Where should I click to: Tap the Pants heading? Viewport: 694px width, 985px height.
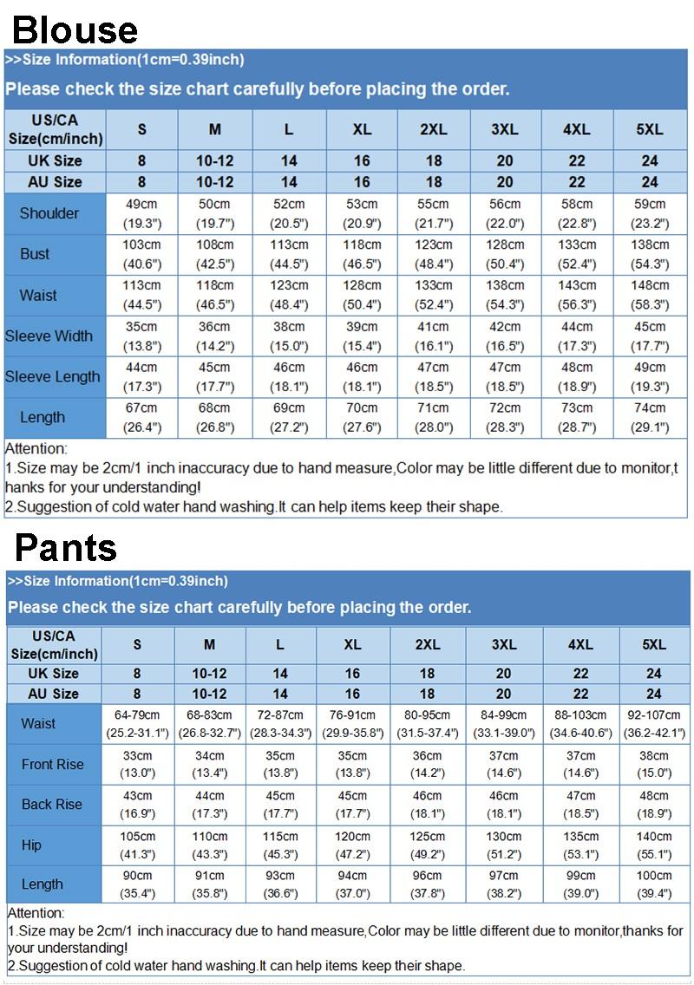tap(66, 547)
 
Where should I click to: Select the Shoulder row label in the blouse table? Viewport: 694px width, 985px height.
tap(49, 213)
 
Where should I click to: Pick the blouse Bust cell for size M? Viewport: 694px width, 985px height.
tap(214, 254)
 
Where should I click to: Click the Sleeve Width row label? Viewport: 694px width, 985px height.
tap(49, 336)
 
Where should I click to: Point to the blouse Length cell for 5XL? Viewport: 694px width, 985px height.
tap(650, 417)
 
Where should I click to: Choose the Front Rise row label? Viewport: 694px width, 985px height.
tap(53, 764)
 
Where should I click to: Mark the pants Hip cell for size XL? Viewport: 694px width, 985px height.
tap(352, 845)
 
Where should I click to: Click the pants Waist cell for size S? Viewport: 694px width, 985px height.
tap(137, 724)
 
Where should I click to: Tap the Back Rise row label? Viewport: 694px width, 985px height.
tap(52, 805)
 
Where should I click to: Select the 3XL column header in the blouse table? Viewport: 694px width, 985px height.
tap(505, 129)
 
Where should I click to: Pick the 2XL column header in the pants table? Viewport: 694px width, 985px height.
tap(428, 645)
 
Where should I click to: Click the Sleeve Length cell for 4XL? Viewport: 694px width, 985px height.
tap(577, 376)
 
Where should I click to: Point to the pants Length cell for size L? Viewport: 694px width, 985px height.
tap(280, 884)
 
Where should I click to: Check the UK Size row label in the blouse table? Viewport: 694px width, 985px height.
tap(55, 160)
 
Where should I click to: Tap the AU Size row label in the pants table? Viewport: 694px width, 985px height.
tap(53, 694)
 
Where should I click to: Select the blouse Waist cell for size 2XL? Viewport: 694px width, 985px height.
tap(433, 295)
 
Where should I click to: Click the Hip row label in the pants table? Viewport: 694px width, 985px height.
tap(31, 845)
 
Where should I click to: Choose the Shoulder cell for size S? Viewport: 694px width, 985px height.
tap(141, 213)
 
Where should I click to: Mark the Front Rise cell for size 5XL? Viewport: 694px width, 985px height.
tap(654, 764)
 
